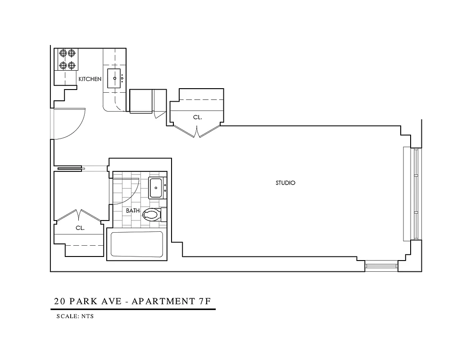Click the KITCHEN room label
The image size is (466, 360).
(90, 79)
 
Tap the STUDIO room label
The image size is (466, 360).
(285, 183)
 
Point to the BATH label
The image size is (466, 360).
(133, 211)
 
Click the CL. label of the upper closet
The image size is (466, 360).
(198, 117)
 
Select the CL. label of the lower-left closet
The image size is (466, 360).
(80, 228)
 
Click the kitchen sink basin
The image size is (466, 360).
(115, 78)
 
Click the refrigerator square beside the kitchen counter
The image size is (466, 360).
(141, 101)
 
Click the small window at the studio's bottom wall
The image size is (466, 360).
(381, 266)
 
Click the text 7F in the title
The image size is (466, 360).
(205, 301)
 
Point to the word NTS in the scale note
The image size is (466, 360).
(87, 316)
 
